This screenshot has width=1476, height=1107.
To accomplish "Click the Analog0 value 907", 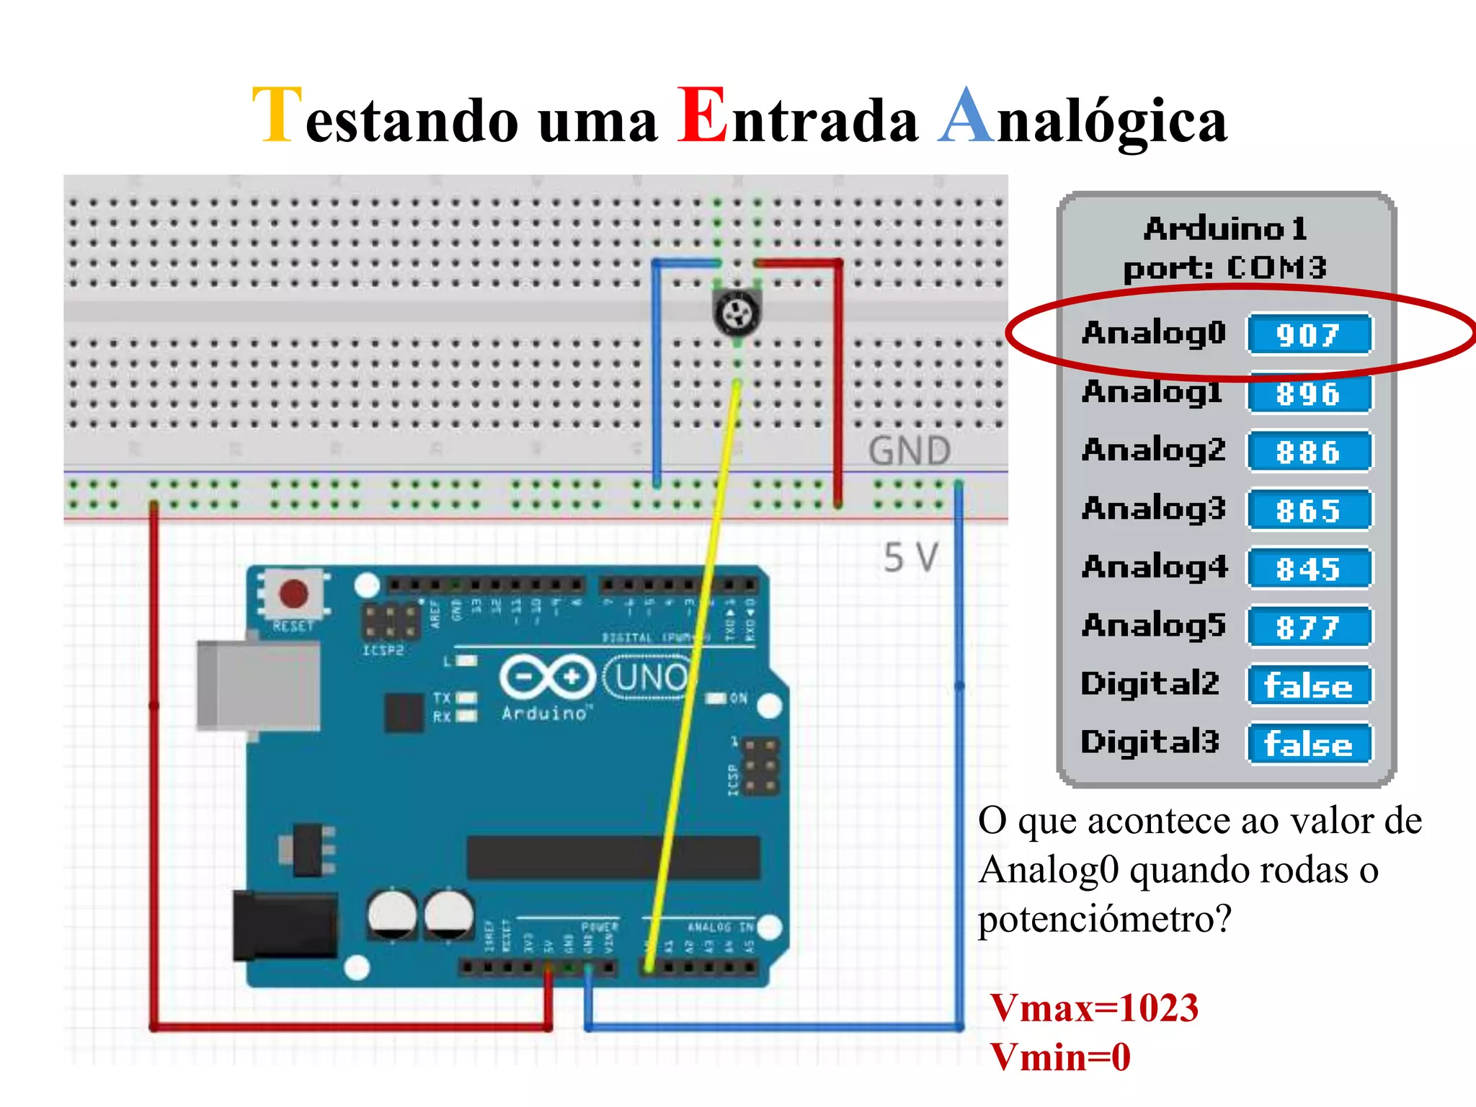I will click(1309, 334).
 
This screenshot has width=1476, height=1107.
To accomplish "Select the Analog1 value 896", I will click(1309, 394).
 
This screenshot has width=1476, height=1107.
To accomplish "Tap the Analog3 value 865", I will click(1309, 510).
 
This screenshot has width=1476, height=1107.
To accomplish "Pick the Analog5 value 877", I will click(1309, 627).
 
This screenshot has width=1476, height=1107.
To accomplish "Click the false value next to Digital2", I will click(1309, 685).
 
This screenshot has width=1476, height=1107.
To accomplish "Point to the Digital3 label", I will click(1150, 742).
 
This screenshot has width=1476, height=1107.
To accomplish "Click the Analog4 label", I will click(1154, 567).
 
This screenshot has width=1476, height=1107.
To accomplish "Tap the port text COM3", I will click(1276, 268).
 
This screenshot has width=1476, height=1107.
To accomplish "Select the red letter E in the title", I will click(702, 115).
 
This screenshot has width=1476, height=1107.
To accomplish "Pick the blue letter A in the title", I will click(966, 115).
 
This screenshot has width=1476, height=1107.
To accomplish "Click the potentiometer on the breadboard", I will click(737, 312).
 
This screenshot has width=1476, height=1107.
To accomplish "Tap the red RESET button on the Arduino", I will click(293, 594).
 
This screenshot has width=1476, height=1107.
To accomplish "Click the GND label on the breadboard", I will click(910, 452).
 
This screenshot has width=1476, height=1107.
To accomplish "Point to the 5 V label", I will click(911, 557).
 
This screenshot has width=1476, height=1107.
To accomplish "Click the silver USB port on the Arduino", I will click(258, 685).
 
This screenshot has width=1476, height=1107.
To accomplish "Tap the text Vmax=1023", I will click(1094, 1008).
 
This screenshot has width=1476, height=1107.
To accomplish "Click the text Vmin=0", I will click(1060, 1057).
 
